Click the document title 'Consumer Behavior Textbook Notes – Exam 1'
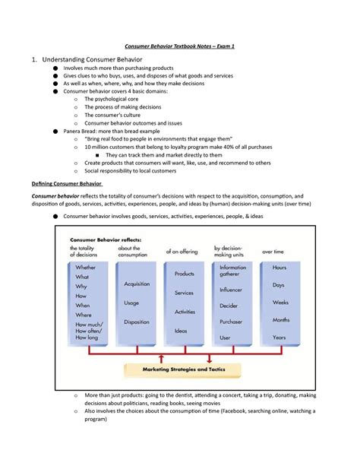click(180, 46)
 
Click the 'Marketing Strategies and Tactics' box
click(181, 369)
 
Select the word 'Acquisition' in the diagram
click(136, 284)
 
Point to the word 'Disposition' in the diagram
click(136, 320)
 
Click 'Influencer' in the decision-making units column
click(232, 289)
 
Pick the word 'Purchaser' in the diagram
click(232, 321)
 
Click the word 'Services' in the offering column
click(184, 292)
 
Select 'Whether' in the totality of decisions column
click(86, 268)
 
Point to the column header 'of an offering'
click(182, 250)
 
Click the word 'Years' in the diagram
click(279, 337)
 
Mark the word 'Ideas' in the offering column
click(181, 331)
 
